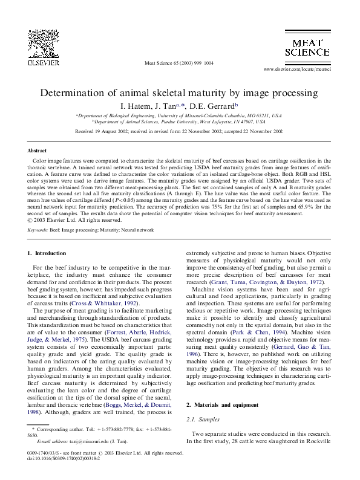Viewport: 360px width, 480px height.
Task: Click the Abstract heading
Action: coord(38,149)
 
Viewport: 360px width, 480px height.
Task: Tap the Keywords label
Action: coord(38,230)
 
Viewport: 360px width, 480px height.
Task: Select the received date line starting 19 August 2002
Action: coord(178,131)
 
